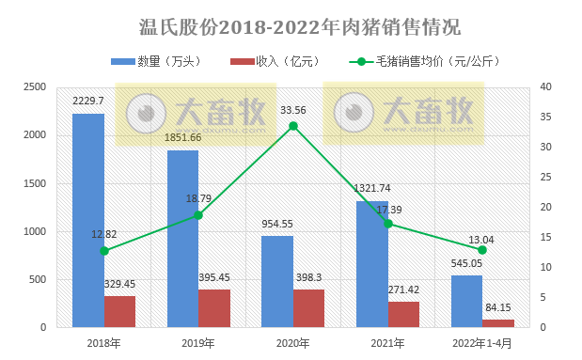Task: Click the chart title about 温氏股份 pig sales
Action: click(291, 24)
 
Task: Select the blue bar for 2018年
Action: click(88, 221)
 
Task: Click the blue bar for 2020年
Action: click(277, 282)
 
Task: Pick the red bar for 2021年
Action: click(403, 314)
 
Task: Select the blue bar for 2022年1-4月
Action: click(466, 301)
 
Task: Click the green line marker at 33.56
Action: click(293, 126)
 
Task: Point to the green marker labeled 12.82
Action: click(104, 251)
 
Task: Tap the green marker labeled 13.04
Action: click(482, 250)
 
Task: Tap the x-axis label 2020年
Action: click(293, 343)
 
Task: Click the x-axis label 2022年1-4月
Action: click(482, 343)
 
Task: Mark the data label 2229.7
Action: click(89, 101)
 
